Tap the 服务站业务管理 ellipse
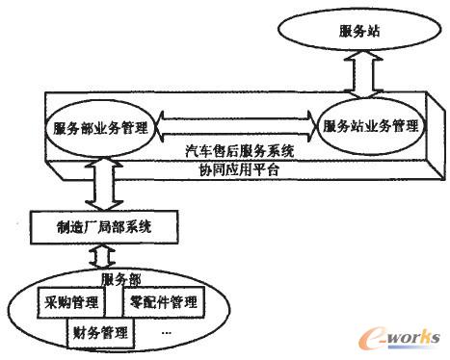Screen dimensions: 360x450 [371, 126]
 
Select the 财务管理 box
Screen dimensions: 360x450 [101, 334]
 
